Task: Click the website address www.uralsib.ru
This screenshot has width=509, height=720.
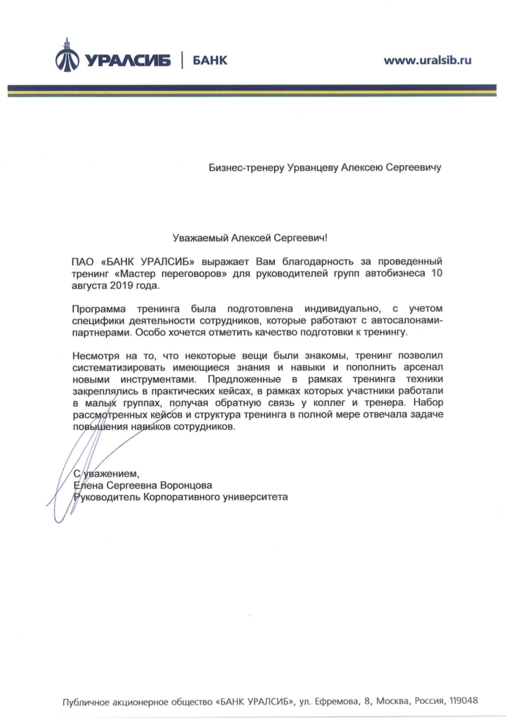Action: click(x=427, y=60)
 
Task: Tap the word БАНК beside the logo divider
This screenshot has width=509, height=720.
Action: click(x=210, y=60)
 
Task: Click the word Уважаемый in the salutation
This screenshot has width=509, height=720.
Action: click(x=201, y=239)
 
